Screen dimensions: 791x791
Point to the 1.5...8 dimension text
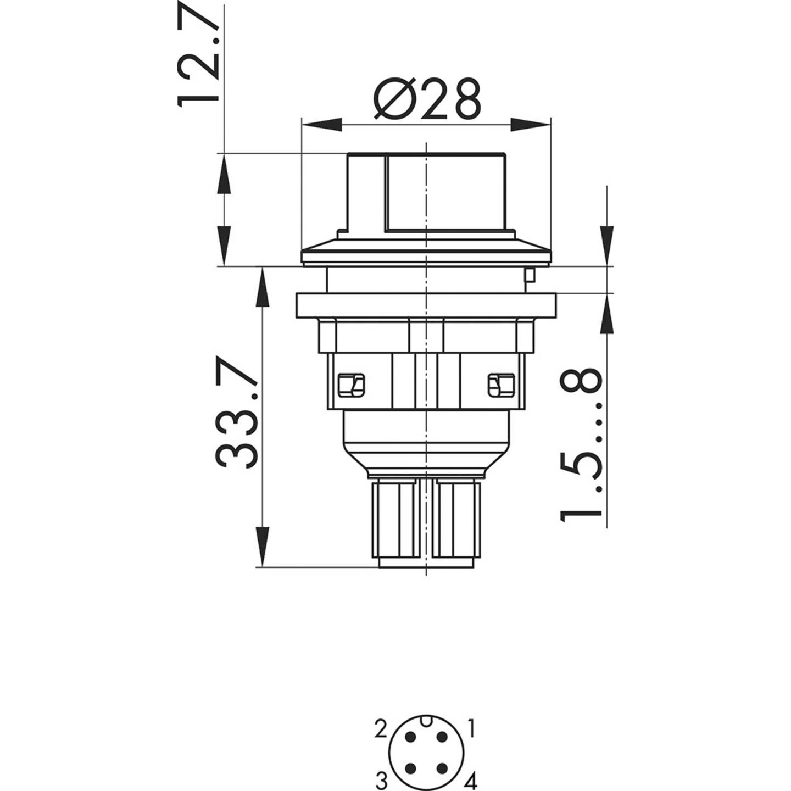581,445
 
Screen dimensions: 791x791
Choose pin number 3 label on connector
381,781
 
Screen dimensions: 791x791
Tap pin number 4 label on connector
471,781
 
